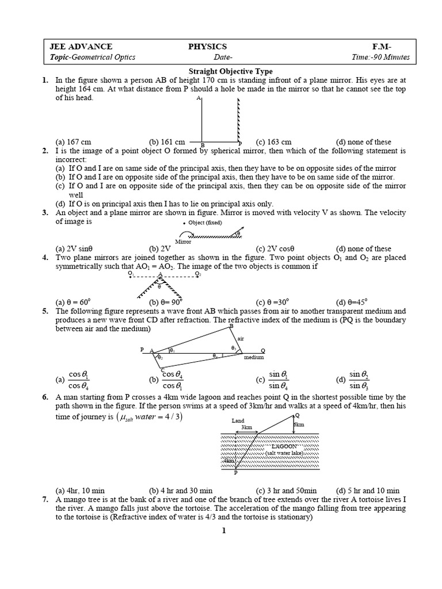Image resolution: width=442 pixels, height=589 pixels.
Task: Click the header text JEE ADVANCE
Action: [x=81, y=47]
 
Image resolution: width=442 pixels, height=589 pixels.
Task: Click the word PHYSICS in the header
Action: [x=208, y=47]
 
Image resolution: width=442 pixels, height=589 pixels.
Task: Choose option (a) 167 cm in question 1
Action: [x=73, y=142]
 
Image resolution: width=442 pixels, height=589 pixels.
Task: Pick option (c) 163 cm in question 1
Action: [x=273, y=142]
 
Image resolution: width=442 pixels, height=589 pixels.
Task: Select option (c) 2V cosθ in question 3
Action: [x=274, y=248]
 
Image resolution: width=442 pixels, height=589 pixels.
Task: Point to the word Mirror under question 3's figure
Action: [x=183, y=242]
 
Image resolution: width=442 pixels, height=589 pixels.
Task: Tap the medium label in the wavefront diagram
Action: [x=253, y=357]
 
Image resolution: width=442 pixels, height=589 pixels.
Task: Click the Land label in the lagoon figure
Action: [x=238, y=421]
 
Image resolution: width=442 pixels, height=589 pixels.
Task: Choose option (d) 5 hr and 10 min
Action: [x=368, y=491]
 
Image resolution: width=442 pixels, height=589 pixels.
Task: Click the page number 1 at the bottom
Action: [x=224, y=530]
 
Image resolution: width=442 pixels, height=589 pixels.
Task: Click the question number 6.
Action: [x=45, y=397]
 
